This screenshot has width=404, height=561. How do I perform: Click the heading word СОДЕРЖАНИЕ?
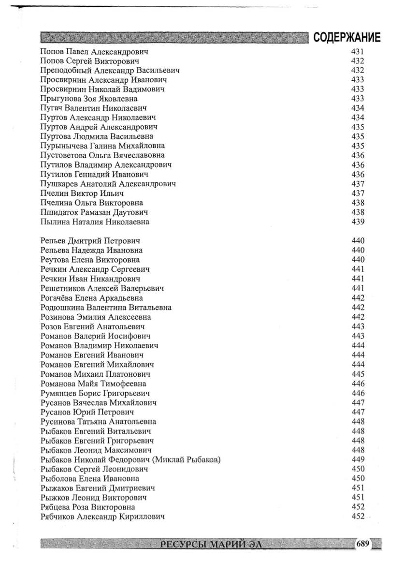[346, 38]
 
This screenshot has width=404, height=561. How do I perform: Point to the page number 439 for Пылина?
[358, 222]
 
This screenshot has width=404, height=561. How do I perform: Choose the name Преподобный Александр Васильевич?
[110, 70]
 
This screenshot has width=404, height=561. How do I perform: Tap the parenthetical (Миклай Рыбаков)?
[186, 459]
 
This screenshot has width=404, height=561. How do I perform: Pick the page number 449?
[358, 459]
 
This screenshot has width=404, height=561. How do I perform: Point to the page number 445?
[358, 374]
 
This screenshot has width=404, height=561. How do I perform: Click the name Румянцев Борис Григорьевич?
[95, 393]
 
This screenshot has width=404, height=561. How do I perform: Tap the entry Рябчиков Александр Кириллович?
[102, 517]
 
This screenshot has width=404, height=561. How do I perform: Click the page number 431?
[358, 51]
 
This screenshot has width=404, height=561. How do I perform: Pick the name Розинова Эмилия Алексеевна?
[96, 317]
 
